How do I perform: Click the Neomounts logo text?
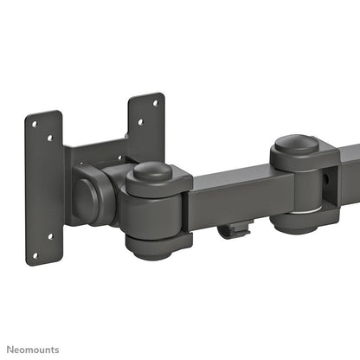point(35,349)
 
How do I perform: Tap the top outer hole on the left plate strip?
point(34,125)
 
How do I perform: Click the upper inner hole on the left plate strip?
point(50,138)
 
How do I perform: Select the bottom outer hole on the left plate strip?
point(35,254)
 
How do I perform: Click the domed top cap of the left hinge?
point(152,172)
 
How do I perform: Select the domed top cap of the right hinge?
point(299,144)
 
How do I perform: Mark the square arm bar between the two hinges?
point(229,195)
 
